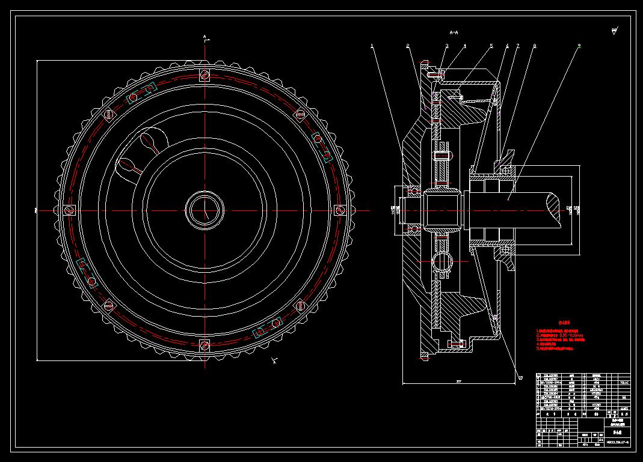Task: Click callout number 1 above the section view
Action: pos(372,45)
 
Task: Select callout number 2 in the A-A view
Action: pos(408,46)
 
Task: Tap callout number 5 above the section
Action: pos(491,46)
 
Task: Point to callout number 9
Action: pos(579,46)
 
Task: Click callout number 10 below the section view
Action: pos(520,377)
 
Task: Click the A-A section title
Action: pos(454,31)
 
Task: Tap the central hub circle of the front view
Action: pos(205,210)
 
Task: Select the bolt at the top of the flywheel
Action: pos(205,75)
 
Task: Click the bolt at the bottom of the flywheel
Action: pos(205,345)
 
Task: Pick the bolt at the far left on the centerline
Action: pos(69,210)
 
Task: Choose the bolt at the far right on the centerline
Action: pos(340,210)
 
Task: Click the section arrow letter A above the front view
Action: pos(205,37)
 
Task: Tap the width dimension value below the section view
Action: pos(458,381)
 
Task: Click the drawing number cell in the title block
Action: pos(614,443)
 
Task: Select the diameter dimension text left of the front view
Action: pos(36,210)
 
